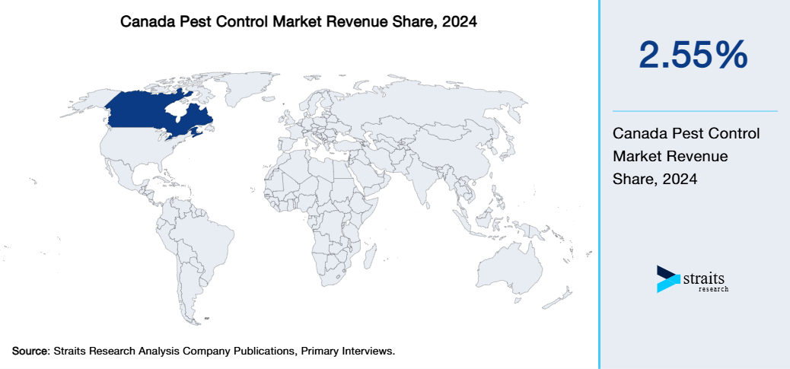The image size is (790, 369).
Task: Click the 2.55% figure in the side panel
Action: (693, 56)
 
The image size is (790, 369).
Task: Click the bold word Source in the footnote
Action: (30, 352)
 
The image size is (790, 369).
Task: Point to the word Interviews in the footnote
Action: (369, 352)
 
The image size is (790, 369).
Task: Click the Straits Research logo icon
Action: (667, 279)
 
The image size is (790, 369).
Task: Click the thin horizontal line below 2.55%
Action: (694, 111)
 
